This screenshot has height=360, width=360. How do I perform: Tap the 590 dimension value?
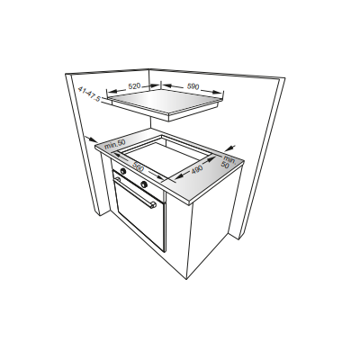[x=193, y=86]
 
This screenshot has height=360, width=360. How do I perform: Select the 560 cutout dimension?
[x=138, y=166]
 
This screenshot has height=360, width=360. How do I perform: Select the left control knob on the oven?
[x=117, y=166]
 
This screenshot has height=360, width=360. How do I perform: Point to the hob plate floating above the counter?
[x=166, y=102]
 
